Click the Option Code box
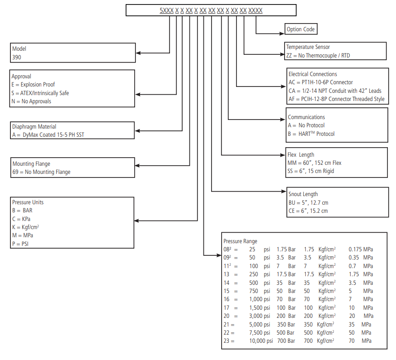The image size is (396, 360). [301, 29]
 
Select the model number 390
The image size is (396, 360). [17, 58]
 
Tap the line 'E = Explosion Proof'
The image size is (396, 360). [33, 85]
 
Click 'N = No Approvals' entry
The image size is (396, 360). [31, 101]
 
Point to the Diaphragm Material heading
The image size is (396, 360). [34, 126]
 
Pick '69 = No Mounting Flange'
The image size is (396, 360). [41, 172]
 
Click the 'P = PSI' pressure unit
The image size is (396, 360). [20, 244]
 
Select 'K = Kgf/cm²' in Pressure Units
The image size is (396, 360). [25, 227]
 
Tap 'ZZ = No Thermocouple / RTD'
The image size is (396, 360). [318, 56]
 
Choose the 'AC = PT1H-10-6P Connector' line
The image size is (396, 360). [321, 82]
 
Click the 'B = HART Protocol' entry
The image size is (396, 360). [311, 134]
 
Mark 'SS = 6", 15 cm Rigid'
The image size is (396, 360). [311, 171]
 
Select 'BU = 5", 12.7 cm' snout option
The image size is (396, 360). [309, 203]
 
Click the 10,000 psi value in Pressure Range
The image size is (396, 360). [261, 341]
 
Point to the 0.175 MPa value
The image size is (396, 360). [361, 250]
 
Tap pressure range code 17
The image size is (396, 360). [227, 308]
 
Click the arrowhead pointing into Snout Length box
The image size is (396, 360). [284, 192]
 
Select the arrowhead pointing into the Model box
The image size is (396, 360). [138, 53]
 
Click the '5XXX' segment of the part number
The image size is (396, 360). [167, 10]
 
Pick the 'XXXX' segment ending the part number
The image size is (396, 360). [256, 10]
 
